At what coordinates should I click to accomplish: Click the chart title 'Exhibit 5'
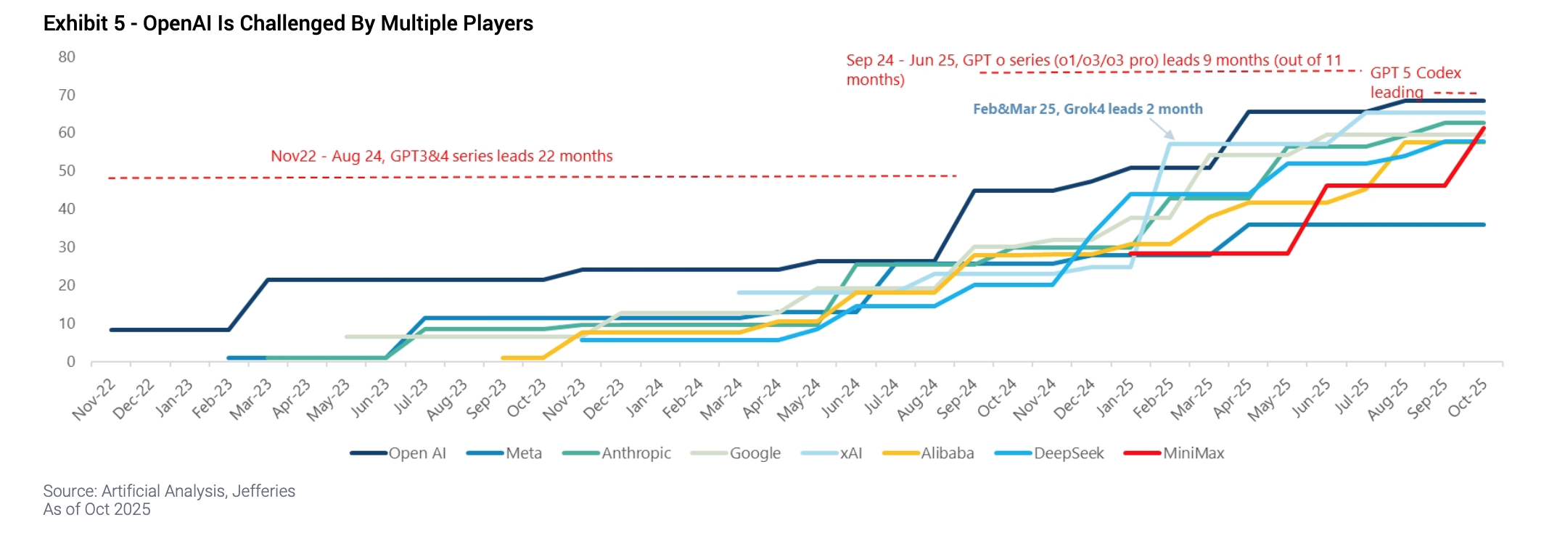pyautogui.click(x=288, y=24)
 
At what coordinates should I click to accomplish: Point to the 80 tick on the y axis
pyautogui.click(x=67, y=57)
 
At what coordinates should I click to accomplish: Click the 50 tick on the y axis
pyautogui.click(x=67, y=171)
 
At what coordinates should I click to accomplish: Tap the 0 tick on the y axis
pyautogui.click(x=70, y=362)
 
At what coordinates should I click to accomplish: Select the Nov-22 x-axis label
pyautogui.click(x=94, y=400)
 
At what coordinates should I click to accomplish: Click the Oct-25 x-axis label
pyautogui.click(x=1467, y=398)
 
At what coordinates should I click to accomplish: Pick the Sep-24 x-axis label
pyautogui.click(x=957, y=399)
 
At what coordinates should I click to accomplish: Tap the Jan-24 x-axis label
pyautogui.click(x=644, y=398)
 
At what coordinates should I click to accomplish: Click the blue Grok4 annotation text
pyautogui.click(x=1088, y=110)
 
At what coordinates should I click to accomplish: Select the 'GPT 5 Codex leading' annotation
pyautogui.click(x=1415, y=82)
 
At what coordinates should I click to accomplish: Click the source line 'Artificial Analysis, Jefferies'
pyautogui.click(x=169, y=491)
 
